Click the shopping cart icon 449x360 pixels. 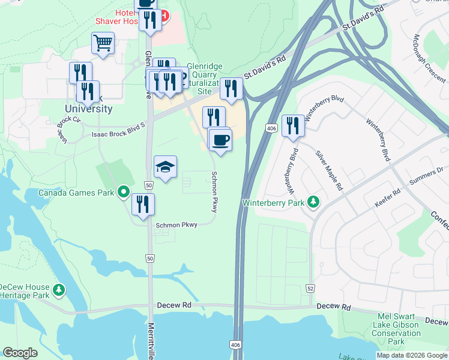coord(103,43)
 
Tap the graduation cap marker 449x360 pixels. coord(166,167)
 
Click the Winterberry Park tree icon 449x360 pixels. coord(313,202)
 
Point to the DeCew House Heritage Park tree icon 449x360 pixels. coord(59,290)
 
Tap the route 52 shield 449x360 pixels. coord(310,289)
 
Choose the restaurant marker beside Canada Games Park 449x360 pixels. coord(143,204)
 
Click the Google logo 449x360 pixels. coord(20,353)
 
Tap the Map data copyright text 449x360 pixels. coord(412,355)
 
